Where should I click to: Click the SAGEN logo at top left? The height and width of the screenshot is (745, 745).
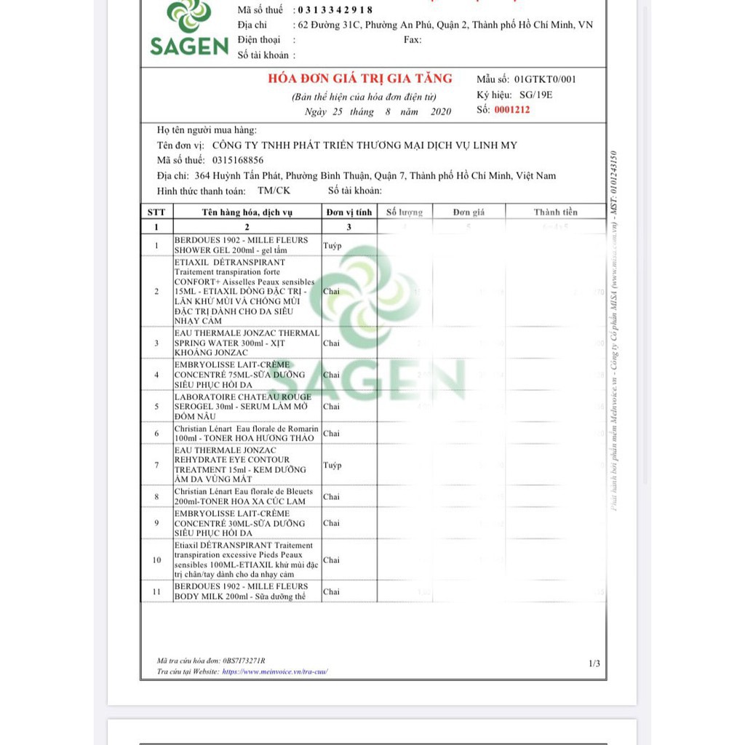189,29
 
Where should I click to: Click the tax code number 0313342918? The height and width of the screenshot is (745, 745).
333,9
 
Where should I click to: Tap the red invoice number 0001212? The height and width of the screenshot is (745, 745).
512,110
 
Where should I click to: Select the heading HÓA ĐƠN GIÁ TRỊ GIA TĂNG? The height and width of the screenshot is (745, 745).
360,79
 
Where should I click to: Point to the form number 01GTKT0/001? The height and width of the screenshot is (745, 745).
545,79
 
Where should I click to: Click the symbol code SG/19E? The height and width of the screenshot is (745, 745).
536,95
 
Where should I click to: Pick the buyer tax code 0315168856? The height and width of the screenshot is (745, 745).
238,160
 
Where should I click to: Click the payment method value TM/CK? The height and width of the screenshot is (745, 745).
274,191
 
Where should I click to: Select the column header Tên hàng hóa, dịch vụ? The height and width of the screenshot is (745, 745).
247,212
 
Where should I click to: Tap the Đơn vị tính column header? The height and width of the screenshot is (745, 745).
349,212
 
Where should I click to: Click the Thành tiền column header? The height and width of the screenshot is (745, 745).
555,212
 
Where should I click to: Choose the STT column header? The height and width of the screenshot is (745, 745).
156,212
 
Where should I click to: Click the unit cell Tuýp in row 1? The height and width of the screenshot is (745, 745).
332,245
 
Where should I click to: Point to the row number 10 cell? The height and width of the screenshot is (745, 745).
156,559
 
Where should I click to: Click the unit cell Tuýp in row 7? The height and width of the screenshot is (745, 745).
332,465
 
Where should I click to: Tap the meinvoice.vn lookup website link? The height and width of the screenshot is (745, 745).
275,672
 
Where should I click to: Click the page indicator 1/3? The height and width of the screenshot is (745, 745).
594,663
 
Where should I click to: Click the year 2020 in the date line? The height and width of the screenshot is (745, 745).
441,112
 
